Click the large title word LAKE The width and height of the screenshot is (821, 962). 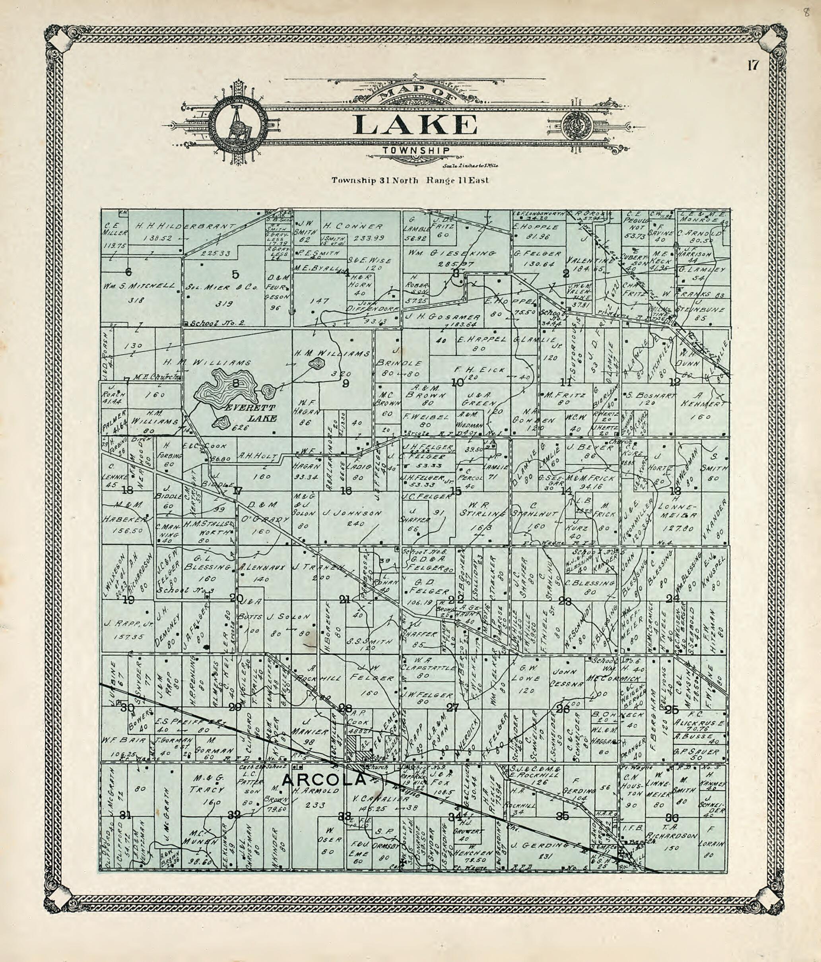coord(415,125)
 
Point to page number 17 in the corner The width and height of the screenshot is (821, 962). coord(753,66)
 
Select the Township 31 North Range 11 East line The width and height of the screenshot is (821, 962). coord(410,180)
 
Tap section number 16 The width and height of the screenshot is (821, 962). coord(346,491)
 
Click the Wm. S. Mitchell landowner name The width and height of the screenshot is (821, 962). coord(139,286)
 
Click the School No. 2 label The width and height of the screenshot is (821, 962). coord(215,323)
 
